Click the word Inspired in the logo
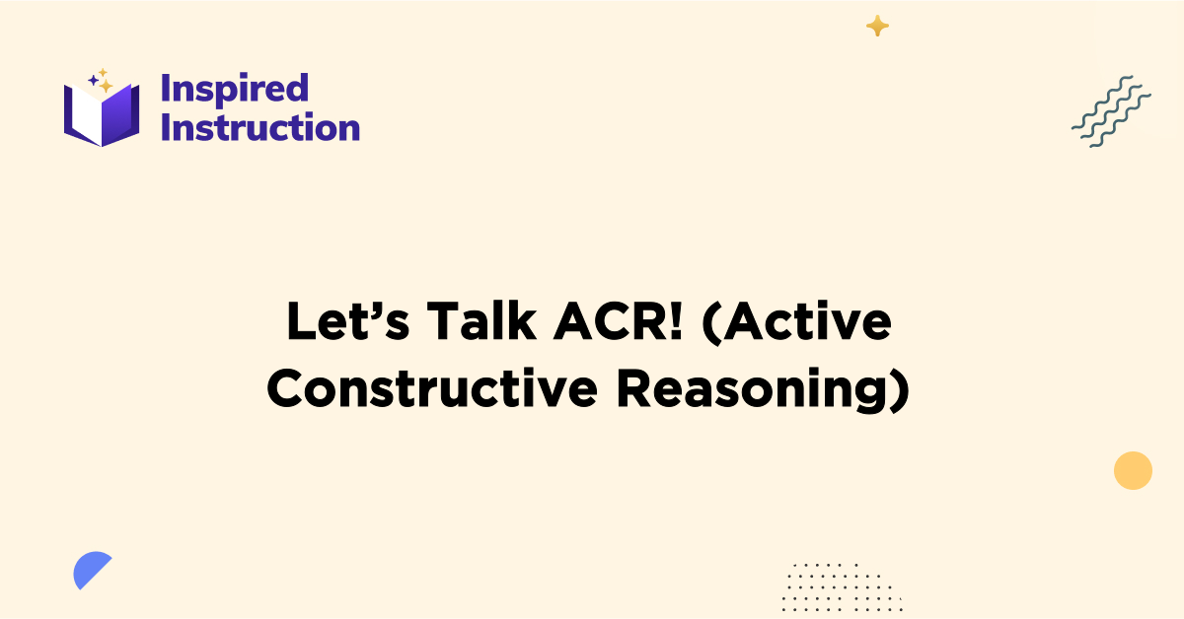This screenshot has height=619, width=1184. tap(235, 90)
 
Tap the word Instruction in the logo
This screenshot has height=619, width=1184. tap(260, 128)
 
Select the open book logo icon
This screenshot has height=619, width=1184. tap(102, 114)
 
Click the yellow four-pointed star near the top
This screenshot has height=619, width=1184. tap(877, 27)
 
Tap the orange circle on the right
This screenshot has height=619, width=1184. tap(1133, 470)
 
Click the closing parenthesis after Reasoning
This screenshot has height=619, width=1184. tap(898, 390)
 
